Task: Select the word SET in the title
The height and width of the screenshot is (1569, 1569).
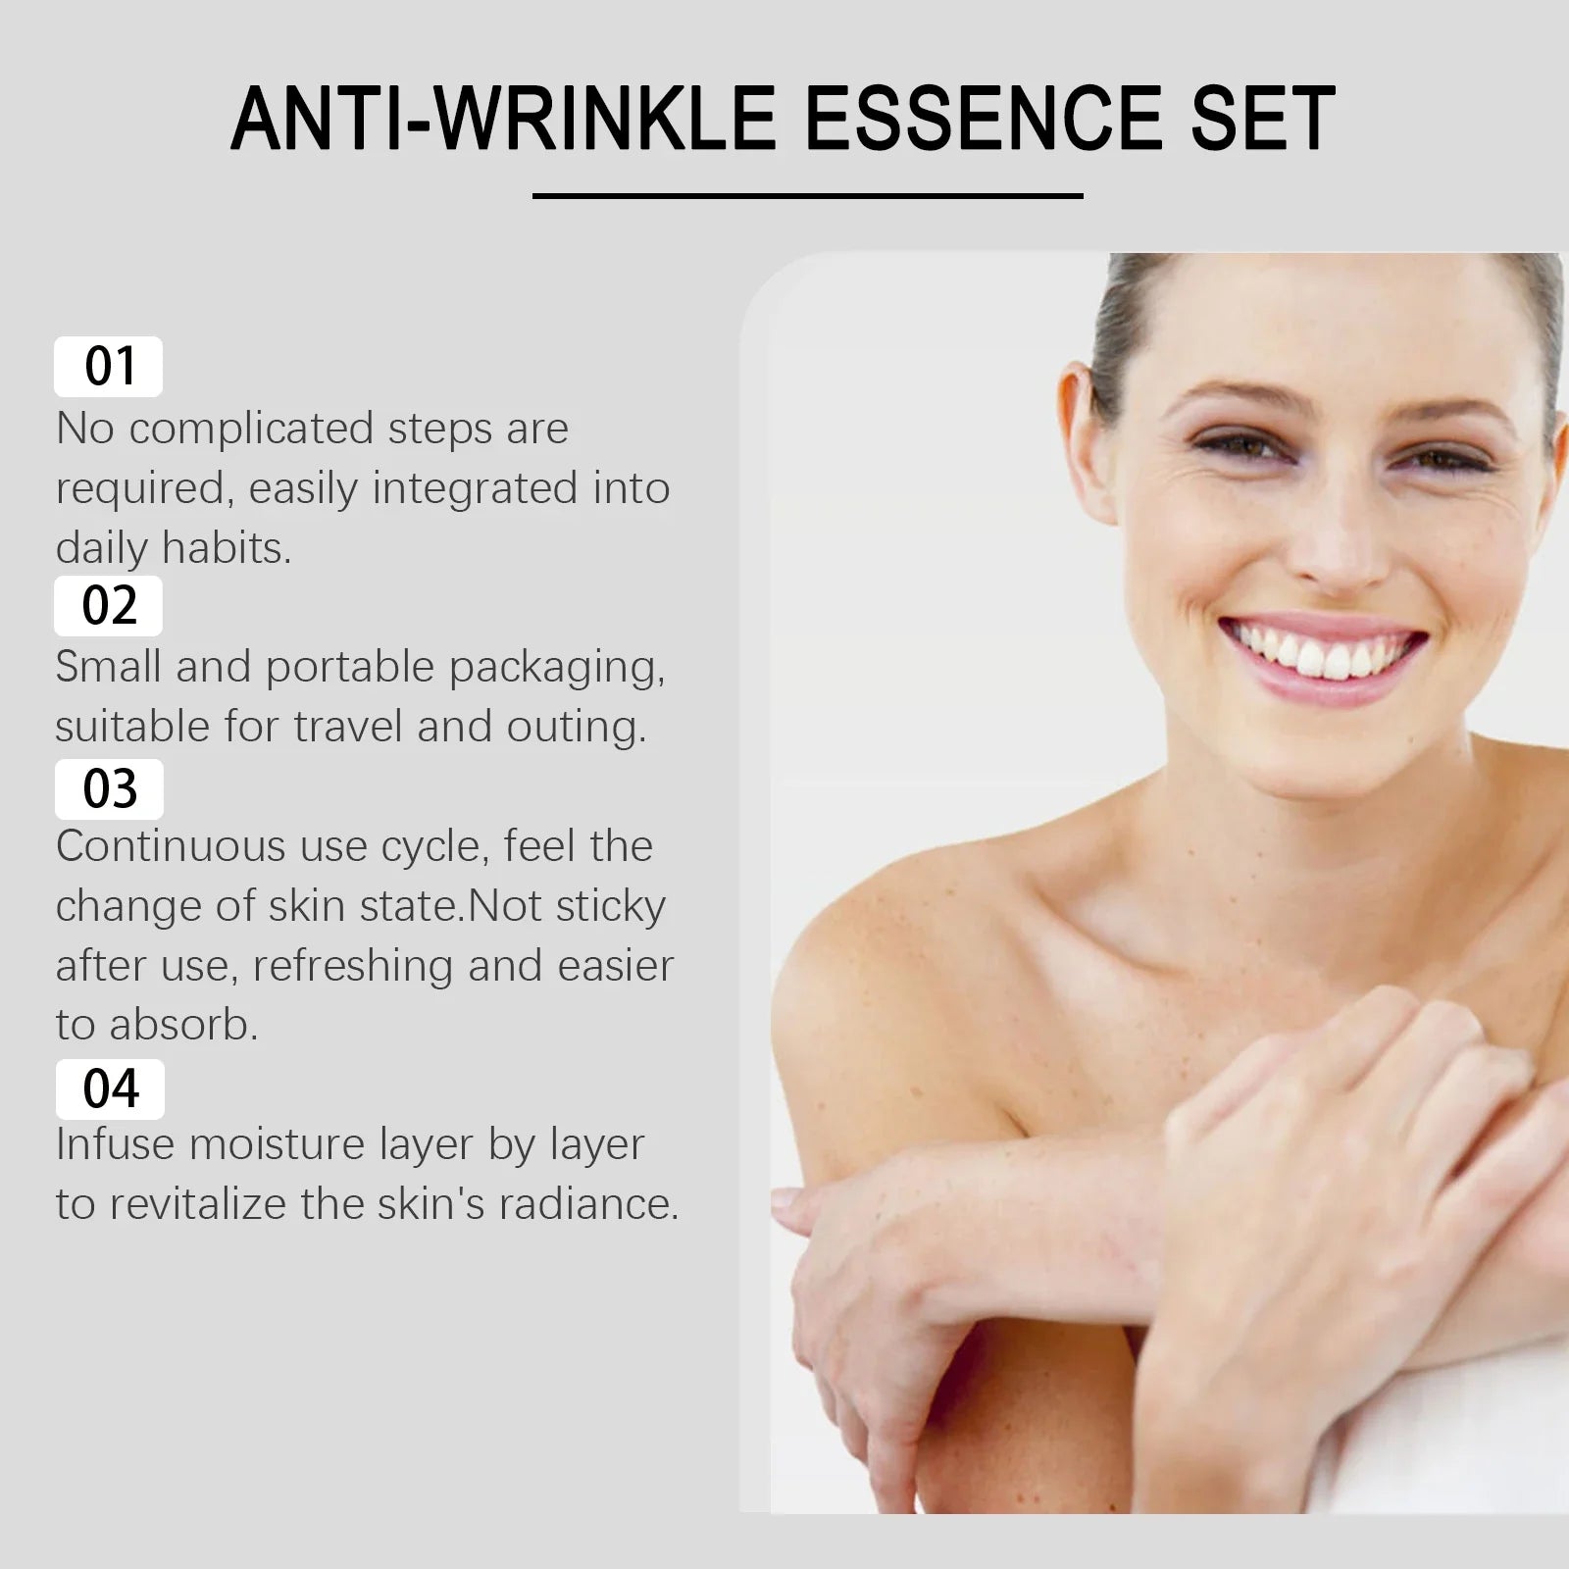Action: (1263, 119)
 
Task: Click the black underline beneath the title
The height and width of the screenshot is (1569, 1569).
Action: (807, 196)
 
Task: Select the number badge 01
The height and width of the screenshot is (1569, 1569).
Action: (109, 367)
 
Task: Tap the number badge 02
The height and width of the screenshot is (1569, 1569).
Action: (109, 605)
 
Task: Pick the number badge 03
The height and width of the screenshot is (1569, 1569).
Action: (109, 788)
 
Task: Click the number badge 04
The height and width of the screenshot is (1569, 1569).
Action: (110, 1088)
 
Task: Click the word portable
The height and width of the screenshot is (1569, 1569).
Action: (349, 667)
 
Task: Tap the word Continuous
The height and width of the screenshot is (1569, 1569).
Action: (171, 846)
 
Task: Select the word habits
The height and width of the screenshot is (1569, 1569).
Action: (228, 548)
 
